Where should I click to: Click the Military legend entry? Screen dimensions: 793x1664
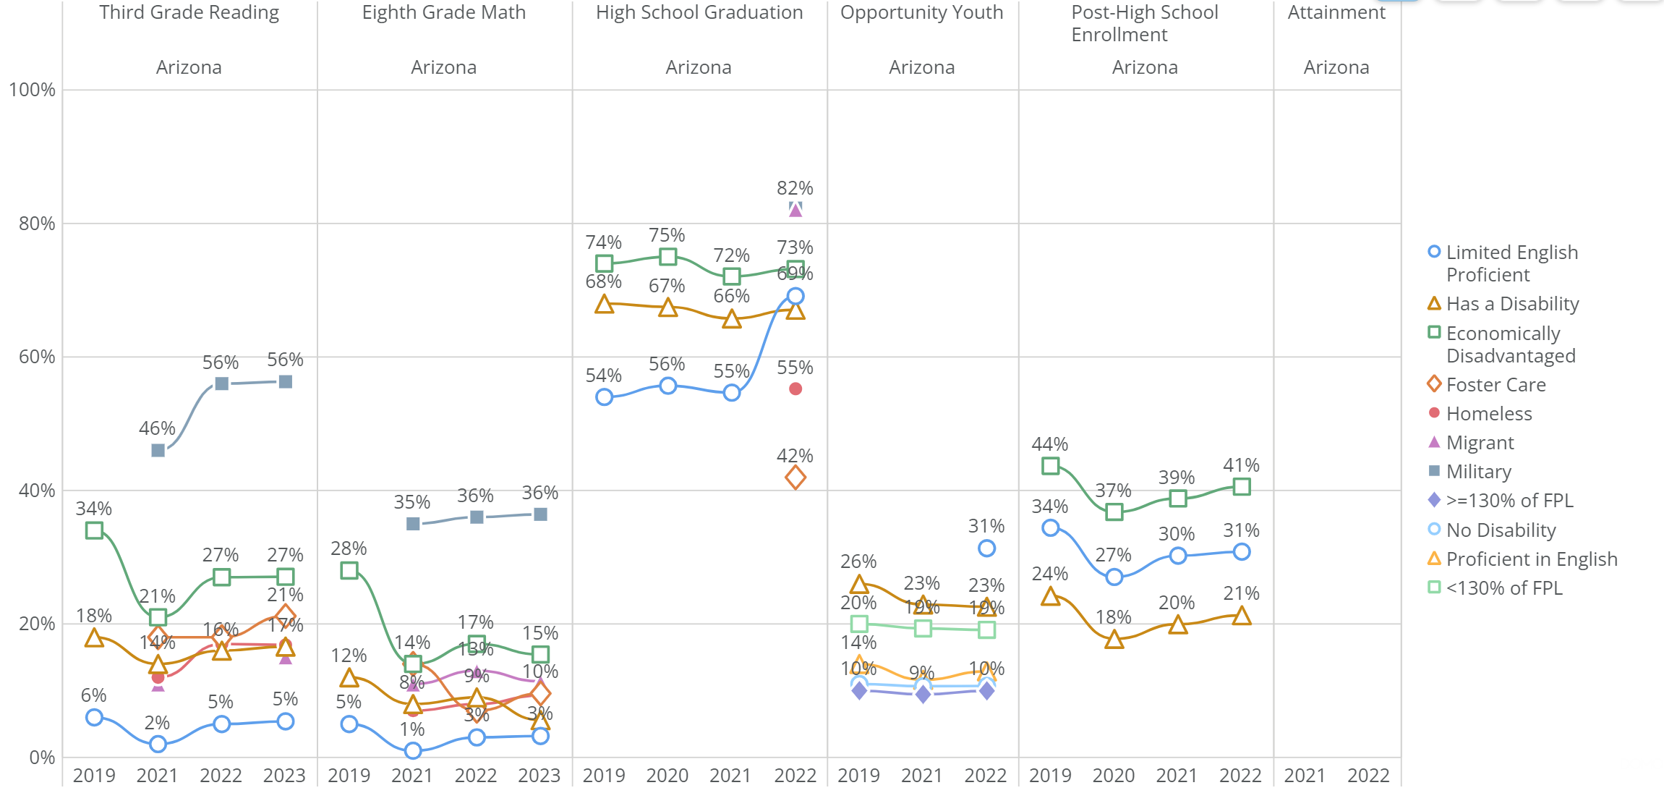(1478, 472)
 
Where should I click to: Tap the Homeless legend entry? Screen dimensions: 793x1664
(1488, 414)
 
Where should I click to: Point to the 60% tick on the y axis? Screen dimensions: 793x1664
(37, 357)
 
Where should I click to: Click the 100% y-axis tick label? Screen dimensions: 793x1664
(32, 90)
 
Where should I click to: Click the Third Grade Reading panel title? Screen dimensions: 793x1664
(189, 12)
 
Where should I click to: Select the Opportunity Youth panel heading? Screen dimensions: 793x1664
(921, 12)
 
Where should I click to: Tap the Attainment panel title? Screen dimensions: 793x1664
(1336, 12)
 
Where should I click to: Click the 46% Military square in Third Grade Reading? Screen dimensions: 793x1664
(158, 450)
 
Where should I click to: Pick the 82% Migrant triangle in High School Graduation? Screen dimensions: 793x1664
(795, 210)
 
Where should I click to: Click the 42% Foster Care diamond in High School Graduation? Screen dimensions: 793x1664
(795, 478)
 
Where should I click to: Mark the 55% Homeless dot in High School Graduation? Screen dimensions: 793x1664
(795, 389)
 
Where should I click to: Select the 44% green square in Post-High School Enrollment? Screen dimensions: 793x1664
(1051, 466)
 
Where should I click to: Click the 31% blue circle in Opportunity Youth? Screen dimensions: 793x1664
(986, 548)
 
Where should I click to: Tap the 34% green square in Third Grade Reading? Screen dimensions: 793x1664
(94, 530)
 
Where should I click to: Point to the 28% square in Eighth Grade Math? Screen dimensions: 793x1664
(349, 570)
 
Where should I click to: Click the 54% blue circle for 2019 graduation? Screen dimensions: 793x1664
(605, 397)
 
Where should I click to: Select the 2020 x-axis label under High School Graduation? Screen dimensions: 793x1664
(667, 776)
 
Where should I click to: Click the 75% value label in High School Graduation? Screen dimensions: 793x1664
(667, 235)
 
